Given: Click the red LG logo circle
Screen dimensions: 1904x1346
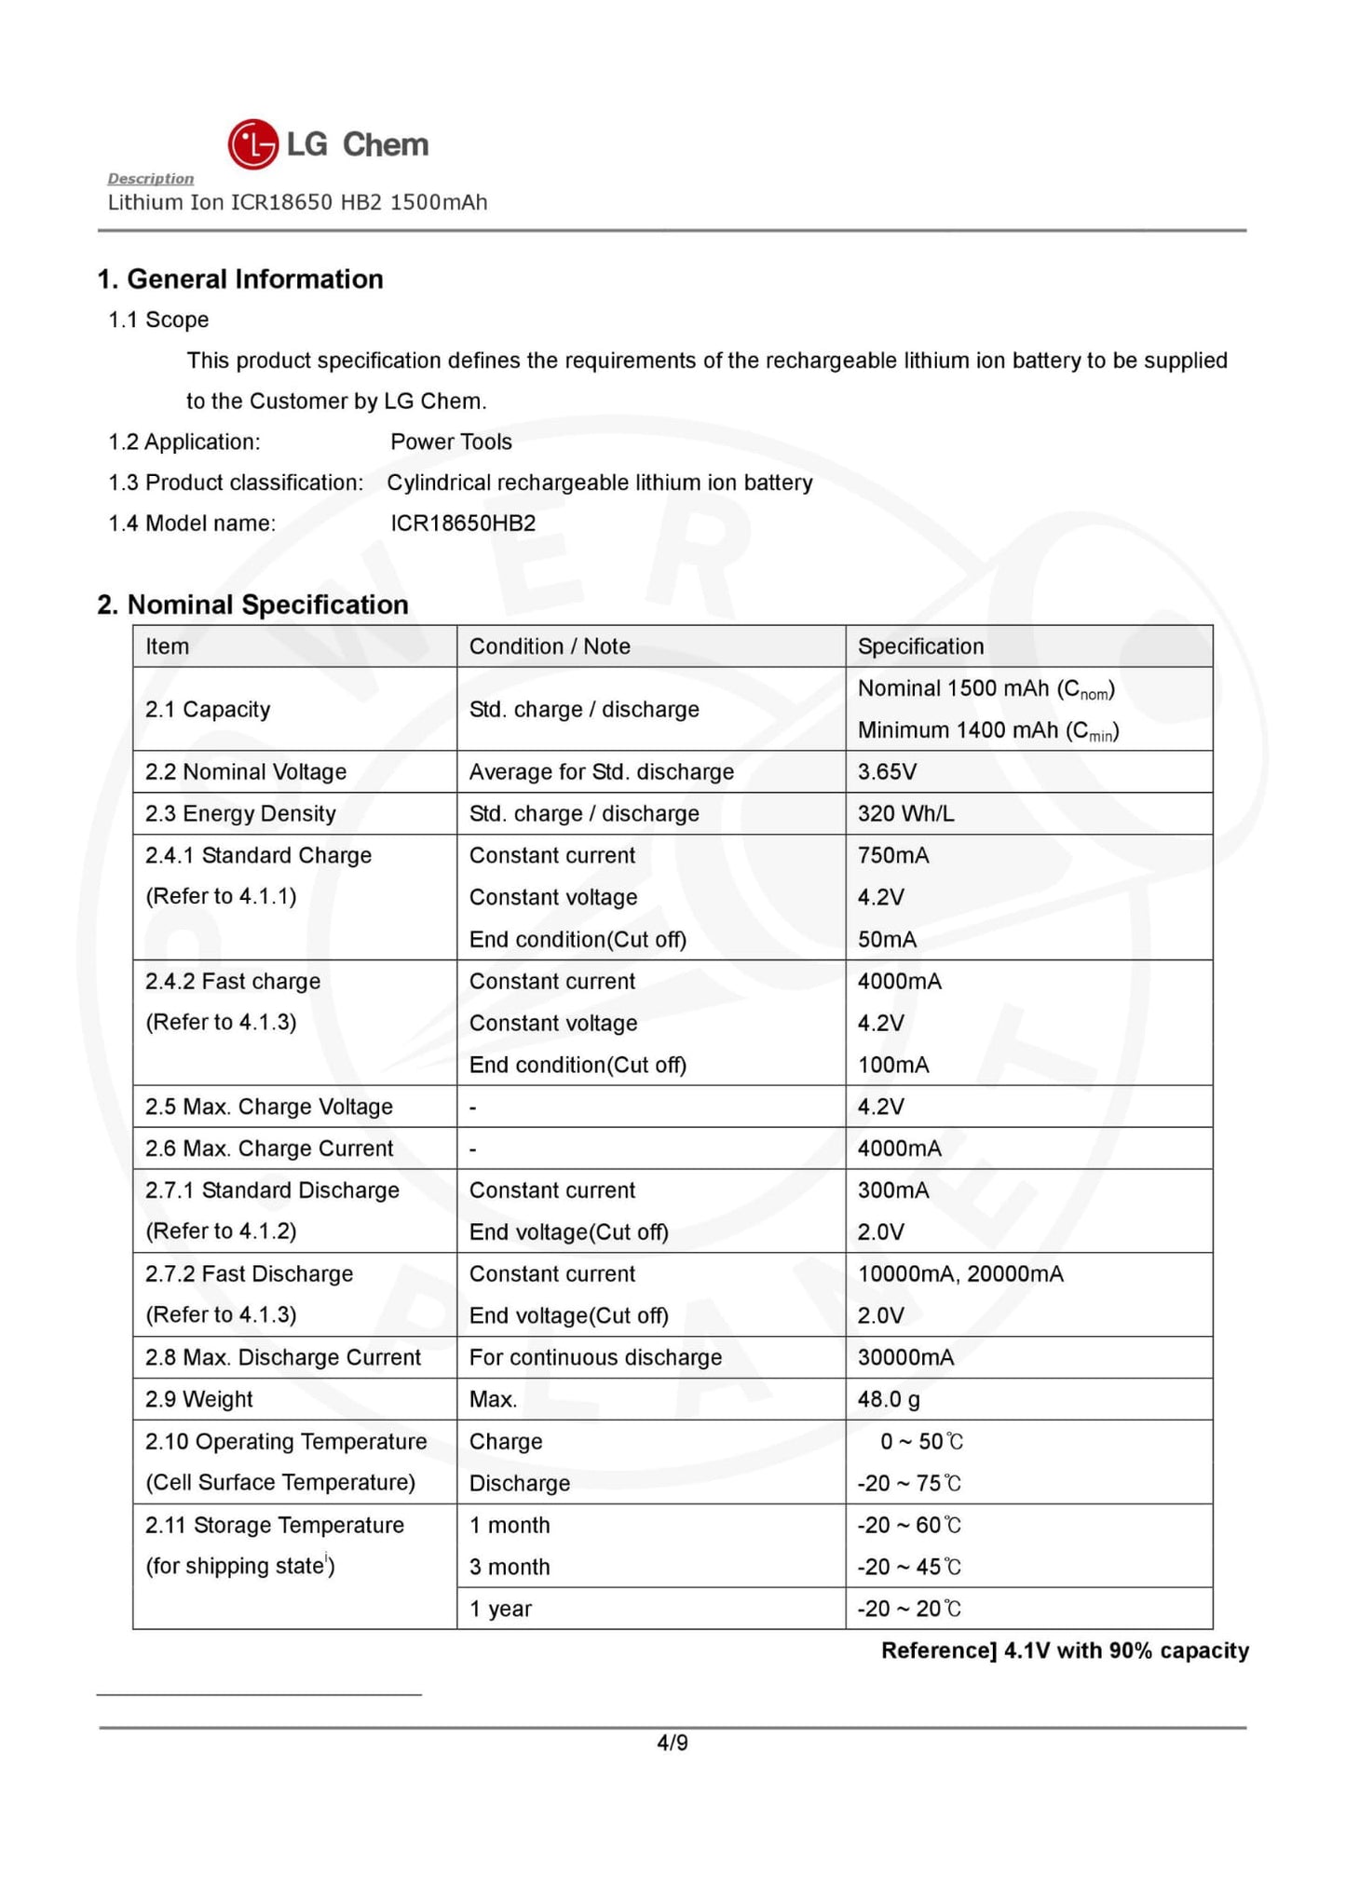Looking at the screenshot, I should [252, 144].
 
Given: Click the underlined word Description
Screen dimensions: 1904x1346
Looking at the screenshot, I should [150, 178].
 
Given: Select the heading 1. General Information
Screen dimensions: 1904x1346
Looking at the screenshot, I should [240, 279].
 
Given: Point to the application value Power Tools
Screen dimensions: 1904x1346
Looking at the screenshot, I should [451, 442].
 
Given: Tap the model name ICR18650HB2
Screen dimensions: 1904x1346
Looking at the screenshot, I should [463, 523].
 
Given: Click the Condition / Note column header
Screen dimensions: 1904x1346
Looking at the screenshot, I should [550, 646].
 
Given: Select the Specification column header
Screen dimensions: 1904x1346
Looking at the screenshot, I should [920, 646].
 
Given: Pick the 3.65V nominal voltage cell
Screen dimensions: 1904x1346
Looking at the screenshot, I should [887, 771].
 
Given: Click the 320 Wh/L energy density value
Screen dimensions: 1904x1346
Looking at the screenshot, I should [905, 813].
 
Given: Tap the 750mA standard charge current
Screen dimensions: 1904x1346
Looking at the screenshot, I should [893, 855].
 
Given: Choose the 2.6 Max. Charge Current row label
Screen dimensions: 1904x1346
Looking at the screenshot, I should [269, 1149].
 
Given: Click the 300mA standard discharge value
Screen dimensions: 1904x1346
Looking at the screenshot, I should [893, 1190].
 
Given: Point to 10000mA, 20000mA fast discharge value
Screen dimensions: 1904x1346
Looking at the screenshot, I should [960, 1273].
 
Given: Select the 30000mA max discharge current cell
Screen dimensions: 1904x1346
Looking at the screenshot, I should [905, 1357].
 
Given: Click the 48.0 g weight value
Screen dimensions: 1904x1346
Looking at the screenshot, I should [889, 1399].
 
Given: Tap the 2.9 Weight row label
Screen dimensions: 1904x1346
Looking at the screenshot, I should [199, 1399].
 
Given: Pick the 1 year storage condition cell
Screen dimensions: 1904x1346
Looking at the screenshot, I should [500, 1609].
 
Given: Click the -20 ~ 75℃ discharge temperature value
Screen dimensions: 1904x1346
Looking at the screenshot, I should [909, 1483].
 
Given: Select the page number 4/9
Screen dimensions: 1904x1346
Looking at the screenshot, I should [673, 1743].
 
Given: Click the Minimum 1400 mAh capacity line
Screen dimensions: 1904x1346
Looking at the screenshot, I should [987, 730].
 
